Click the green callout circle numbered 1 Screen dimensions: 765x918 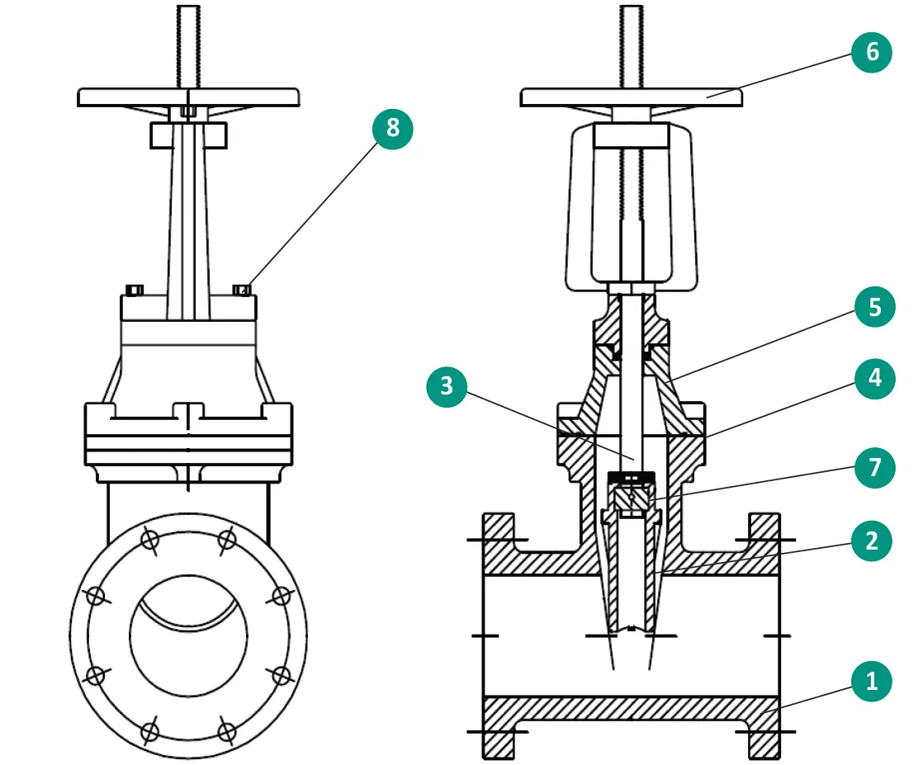coord(872,682)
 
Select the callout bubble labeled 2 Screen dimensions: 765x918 coord(872,541)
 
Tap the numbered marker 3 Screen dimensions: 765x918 coord(447,385)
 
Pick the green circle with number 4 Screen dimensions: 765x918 coord(872,379)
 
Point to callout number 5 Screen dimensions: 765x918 coord(872,308)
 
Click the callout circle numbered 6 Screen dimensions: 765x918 coord(872,52)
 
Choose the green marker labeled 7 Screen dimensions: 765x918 coord(872,469)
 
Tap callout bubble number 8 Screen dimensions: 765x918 coord(391,128)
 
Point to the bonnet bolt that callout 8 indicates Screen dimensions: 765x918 coord(242,289)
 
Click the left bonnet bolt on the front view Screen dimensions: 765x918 coord(135,289)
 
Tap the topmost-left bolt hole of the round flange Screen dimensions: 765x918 coord(149,540)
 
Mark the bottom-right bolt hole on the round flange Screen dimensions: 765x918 coord(225,730)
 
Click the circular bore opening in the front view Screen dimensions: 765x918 coord(188,635)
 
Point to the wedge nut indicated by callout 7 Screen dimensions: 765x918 coord(631,498)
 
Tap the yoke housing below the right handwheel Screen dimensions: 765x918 coord(631,206)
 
